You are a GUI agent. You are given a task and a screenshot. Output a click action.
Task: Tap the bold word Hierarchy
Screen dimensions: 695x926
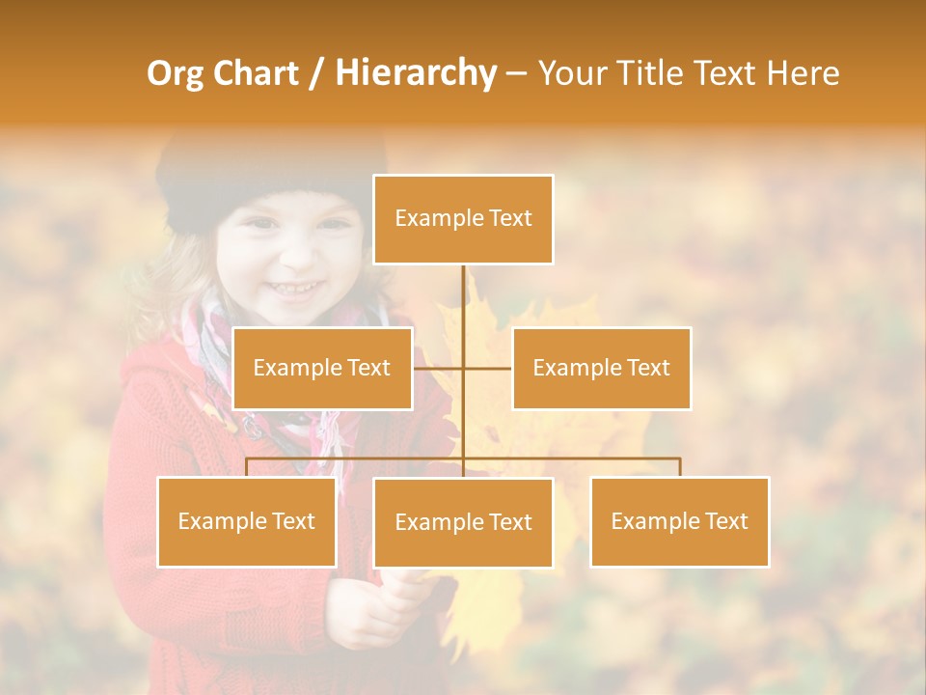[415, 73]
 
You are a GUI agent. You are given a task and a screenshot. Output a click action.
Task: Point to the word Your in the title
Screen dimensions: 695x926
[572, 73]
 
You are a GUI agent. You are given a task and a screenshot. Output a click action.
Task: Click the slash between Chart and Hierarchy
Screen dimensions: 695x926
[316, 73]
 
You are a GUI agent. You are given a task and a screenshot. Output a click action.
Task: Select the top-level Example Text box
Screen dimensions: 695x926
[463, 219]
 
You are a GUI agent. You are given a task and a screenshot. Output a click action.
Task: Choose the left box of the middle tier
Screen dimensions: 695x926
[322, 368]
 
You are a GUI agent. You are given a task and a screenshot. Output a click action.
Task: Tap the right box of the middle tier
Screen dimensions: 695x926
[601, 368]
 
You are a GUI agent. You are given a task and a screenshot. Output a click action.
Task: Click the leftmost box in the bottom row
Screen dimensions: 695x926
[247, 521]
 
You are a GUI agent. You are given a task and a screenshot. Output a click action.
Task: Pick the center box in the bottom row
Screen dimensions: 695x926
[463, 522]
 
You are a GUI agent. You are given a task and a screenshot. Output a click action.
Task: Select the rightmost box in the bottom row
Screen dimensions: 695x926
[679, 521]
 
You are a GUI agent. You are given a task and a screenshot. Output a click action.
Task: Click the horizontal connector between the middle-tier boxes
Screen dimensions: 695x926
[487, 368]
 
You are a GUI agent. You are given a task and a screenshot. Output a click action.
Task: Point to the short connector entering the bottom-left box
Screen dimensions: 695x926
[247, 467]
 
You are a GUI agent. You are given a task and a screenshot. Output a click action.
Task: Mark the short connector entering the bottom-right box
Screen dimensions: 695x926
[679, 467]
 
